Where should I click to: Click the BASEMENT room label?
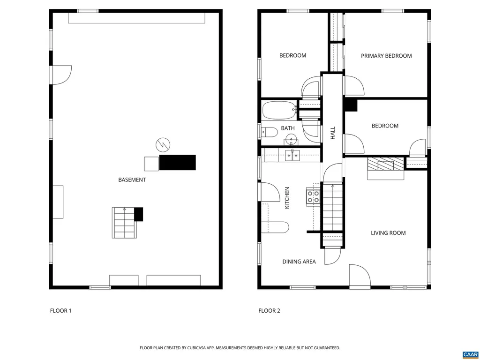click(132, 180)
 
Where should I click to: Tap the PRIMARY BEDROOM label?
click(386, 56)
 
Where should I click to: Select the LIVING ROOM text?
click(388, 233)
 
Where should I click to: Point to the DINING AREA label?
click(299, 262)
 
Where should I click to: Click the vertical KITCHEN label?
click(287, 198)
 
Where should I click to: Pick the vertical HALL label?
click(333, 133)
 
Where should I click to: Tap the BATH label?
click(288, 128)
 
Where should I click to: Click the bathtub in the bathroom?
click(279, 111)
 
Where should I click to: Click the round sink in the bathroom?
click(291, 139)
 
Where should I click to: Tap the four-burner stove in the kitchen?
click(313, 197)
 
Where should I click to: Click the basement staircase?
click(124, 223)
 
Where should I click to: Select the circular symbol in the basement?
click(163, 145)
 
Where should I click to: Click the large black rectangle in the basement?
click(177, 163)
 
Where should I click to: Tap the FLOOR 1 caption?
click(61, 310)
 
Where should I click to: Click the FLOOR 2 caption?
click(269, 310)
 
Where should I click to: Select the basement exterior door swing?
click(61, 75)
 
